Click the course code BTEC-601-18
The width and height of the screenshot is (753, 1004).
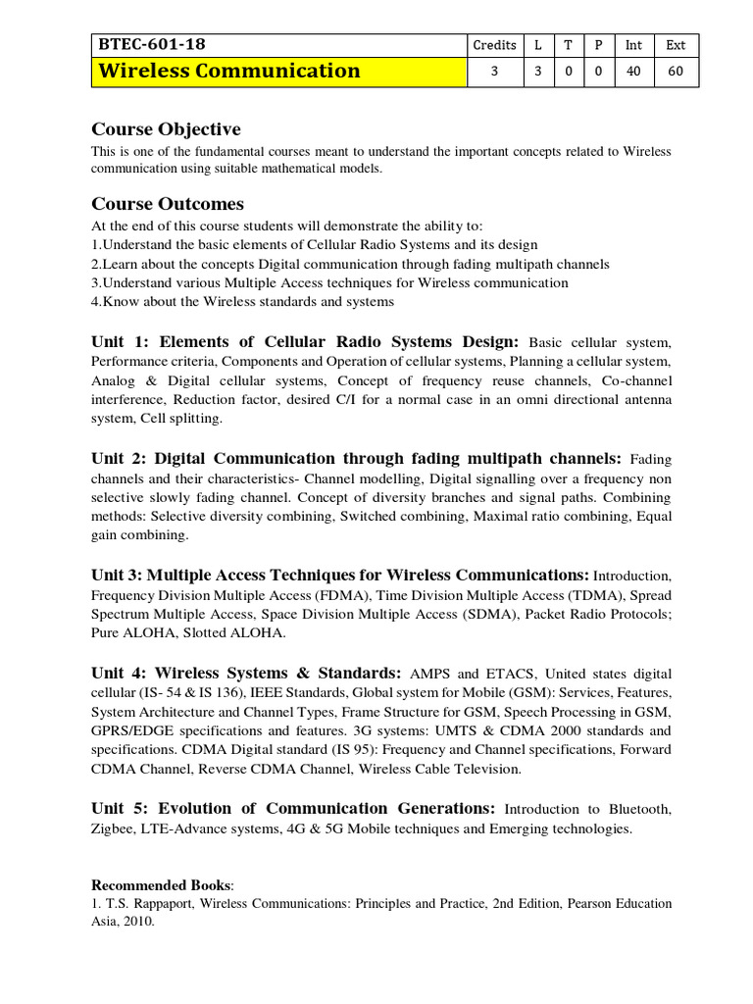[x=152, y=44]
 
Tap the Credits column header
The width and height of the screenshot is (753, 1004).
[x=494, y=45]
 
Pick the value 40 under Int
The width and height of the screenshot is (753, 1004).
[x=633, y=72]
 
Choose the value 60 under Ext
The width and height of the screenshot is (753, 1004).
[x=676, y=72]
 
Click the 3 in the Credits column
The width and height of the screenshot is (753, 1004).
[x=494, y=72]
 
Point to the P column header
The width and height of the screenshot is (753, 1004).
[x=597, y=45]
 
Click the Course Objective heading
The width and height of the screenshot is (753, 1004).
[x=166, y=129]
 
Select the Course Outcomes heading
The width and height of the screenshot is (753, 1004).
[x=168, y=204]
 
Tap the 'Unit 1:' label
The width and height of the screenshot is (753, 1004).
[x=122, y=342]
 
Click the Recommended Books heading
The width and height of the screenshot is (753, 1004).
[x=162, y=884]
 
